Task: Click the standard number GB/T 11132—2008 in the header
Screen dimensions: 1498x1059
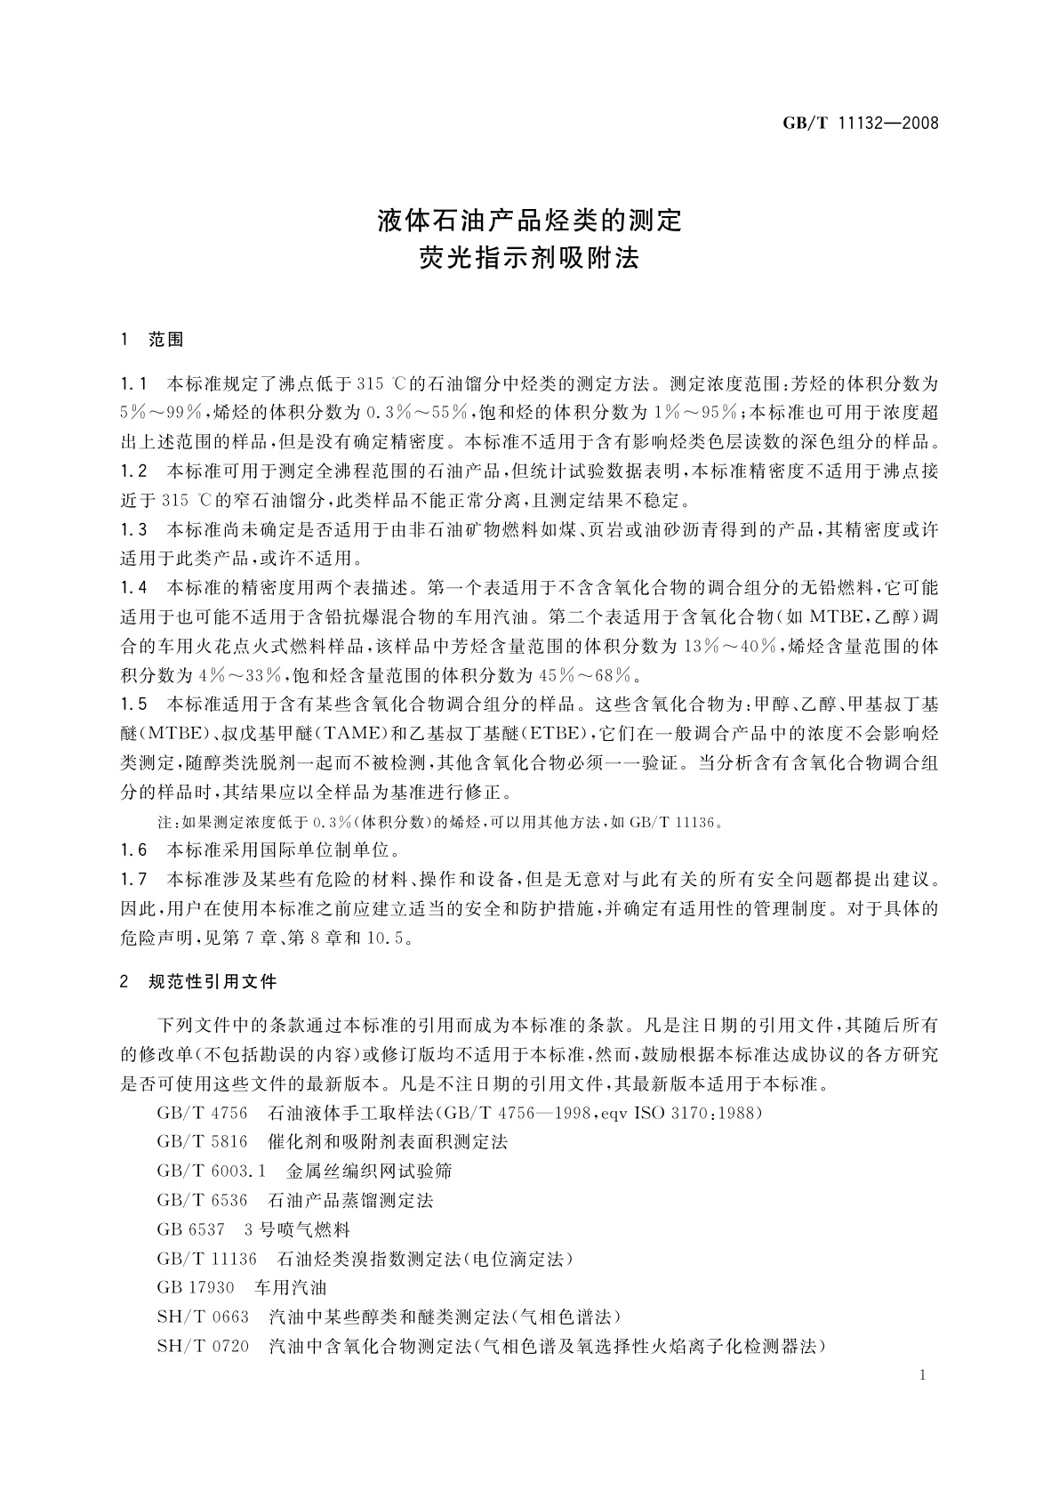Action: [x=860, y=123]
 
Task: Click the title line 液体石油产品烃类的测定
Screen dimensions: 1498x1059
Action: [x=529, y=219]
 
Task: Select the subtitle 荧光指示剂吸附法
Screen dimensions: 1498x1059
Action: [x=529, y=259]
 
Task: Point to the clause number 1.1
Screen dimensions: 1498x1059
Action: [x=133, y=384]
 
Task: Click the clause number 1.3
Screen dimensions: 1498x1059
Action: [x=133, y=530]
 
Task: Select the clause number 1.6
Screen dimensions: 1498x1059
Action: [x=133, y=850]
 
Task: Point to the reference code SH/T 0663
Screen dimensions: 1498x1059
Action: [x=203, y=1317]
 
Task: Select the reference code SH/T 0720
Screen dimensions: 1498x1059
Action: [x=203, y=1346]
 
